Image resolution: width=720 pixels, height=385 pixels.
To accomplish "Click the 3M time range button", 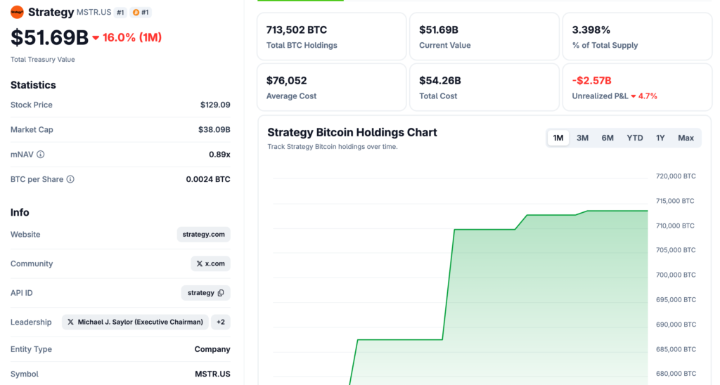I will tap(582, 138).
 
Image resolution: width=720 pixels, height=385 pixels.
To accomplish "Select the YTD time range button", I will tap(635, 138).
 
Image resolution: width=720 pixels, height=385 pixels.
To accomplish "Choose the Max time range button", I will tap(686, 138).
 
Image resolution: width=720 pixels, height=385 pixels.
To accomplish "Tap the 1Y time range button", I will tap(660, 138).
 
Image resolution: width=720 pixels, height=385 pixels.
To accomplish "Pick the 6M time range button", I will tap(607, 138).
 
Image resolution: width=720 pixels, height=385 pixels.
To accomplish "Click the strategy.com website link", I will tap(204, 235).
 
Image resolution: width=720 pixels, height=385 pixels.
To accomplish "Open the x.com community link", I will tap(210, 263).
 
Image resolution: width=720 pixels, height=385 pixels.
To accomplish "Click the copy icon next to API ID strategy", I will tap(221, 293).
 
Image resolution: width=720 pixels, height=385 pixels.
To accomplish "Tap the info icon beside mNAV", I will tap(40, 155).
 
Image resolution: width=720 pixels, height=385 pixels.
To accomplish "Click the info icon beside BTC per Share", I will tap(70, 179).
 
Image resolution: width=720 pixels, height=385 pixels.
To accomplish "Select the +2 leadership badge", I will tap(221, 322).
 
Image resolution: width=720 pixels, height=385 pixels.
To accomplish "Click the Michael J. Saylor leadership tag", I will tap(136, 322).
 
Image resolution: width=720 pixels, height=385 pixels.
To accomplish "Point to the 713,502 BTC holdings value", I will tap(296, 30).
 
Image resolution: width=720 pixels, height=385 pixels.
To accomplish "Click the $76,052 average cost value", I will tap(286, 80).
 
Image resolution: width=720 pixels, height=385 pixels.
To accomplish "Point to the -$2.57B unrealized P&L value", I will tap(591, 80).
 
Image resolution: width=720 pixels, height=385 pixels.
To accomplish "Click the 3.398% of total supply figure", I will tap(591, 30).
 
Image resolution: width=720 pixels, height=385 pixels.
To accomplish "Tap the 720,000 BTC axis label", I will tap(675, 176).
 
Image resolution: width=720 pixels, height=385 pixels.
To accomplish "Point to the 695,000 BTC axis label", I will tap(675, 300).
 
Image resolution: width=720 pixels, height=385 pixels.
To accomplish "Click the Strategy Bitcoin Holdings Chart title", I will tap(352, 132).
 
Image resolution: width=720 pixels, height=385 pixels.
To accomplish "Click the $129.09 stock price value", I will tap(215, 105).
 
